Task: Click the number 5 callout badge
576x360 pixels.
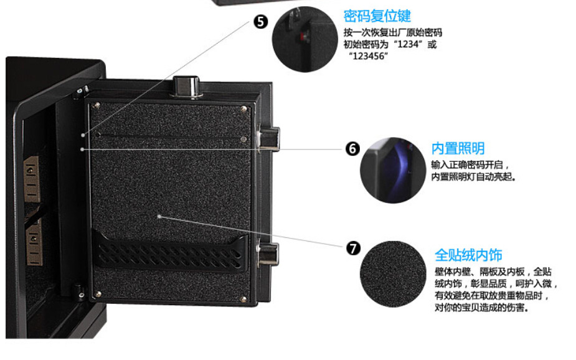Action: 261,21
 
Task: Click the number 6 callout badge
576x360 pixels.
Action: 352,148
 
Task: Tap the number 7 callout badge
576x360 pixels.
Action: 354,249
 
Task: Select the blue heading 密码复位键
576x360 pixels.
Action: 377,16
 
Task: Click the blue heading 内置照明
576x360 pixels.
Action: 458,148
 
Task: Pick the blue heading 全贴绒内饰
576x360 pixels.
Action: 468,255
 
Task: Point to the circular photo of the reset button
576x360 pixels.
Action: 305,39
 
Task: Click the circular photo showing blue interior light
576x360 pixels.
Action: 393,170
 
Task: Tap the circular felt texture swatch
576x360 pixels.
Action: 393,274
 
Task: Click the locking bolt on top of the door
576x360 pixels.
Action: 187,87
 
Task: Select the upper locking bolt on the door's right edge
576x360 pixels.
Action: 268,139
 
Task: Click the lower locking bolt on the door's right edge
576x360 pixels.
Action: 268,253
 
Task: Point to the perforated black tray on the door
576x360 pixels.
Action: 170,250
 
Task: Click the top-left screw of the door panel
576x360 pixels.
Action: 97,106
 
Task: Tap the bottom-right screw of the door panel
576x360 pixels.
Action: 243,300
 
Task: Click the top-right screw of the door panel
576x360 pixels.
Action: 243,109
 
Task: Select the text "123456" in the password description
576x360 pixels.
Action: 368,56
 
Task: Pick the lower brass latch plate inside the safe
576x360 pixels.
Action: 34,244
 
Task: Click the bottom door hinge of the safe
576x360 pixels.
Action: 78,290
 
